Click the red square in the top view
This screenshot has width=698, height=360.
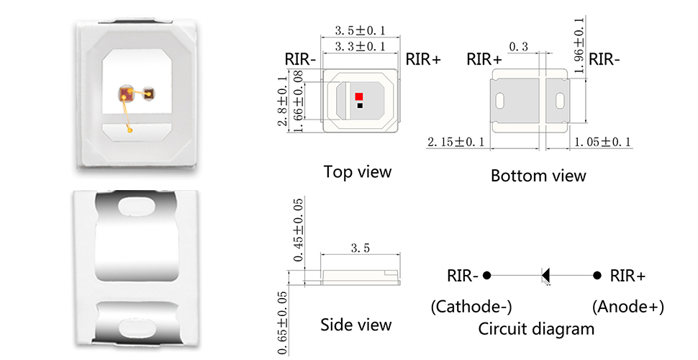point(359,96)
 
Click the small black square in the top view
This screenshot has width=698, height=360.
point(359,106)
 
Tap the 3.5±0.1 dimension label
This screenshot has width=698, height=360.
point(361,30)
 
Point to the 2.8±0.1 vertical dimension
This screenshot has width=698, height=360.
point(284,106)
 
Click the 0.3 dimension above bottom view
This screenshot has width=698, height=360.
point(518,48)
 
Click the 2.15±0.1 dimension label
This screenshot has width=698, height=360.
point(456,143)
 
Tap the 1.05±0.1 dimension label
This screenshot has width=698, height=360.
point(602,143)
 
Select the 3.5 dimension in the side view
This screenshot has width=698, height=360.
point(360,248)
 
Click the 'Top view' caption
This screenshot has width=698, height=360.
point(358,172)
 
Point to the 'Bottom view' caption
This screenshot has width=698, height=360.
point(538,176)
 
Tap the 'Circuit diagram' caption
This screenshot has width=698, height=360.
point(537,330)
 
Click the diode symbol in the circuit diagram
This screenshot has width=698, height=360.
point(545,275)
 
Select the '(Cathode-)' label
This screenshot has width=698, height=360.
point(471,307)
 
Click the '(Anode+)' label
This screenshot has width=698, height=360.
point(627,307)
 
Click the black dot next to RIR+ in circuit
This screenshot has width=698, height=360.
point(597,275)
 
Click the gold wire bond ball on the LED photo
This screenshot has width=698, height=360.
point(130,130)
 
